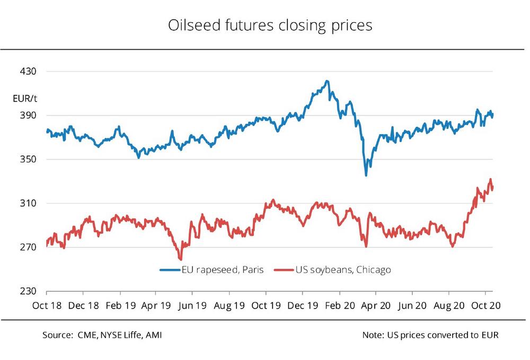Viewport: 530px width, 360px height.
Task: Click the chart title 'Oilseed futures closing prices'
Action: [270, 25]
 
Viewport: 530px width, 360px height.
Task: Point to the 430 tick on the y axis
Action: [28, 72]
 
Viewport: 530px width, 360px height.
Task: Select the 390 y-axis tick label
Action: [28, 116]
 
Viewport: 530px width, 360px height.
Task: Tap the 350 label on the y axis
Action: [28, 160]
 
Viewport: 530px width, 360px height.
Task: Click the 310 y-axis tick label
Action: [28, 204]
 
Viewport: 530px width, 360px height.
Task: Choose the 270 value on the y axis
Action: [28, 248]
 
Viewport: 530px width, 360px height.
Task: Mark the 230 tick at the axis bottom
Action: [28, 292]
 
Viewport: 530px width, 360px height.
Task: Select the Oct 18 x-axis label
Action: [46, 306]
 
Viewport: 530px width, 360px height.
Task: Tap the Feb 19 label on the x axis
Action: [120, 306]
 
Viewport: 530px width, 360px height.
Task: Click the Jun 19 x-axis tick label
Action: [193, 306]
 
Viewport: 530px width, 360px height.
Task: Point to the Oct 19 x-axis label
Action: [266, 306]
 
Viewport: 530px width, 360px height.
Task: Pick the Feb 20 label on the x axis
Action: [339, 306]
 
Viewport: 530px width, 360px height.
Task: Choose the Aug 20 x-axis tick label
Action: [449, 306]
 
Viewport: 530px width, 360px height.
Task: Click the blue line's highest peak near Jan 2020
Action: [328, 81]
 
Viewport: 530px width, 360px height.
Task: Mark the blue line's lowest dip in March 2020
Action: [366, 175]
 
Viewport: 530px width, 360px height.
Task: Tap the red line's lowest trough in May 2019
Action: [181, 259]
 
